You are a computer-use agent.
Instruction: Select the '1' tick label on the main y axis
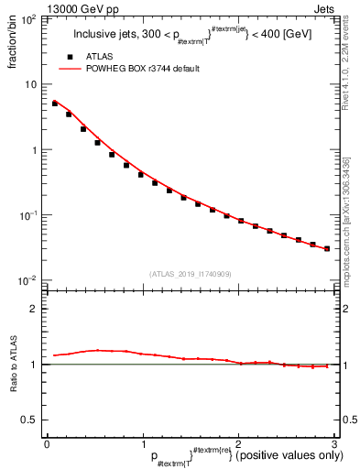pos(34,149)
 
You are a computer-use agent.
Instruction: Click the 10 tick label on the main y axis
pos(31,84)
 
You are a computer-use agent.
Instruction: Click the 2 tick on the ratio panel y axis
pos(34,309)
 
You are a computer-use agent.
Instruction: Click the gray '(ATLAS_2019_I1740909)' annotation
pos(190,274)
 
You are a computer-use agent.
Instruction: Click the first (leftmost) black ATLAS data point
pos(54,104)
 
